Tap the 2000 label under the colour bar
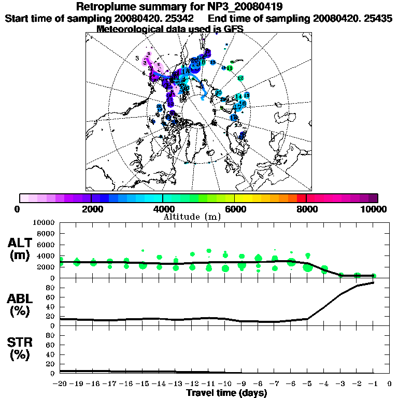pyautogui.click(x=91, y=209)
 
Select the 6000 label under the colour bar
pyautogui.click(x=235, y=209)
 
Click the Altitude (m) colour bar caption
pyautogui.click(x=192, y=217)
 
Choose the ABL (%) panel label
pyautogui.click(x=21, y=306)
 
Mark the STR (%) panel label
pyautogui.click(x=21, y=349)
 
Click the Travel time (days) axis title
pyautogui.click(x=226, y=393)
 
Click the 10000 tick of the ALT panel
pyautogui.click(x=44, y=222)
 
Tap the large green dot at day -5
pyautogui.click(x=308, y=267)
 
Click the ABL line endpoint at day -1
pyautogui.click(x=373, y=282)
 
